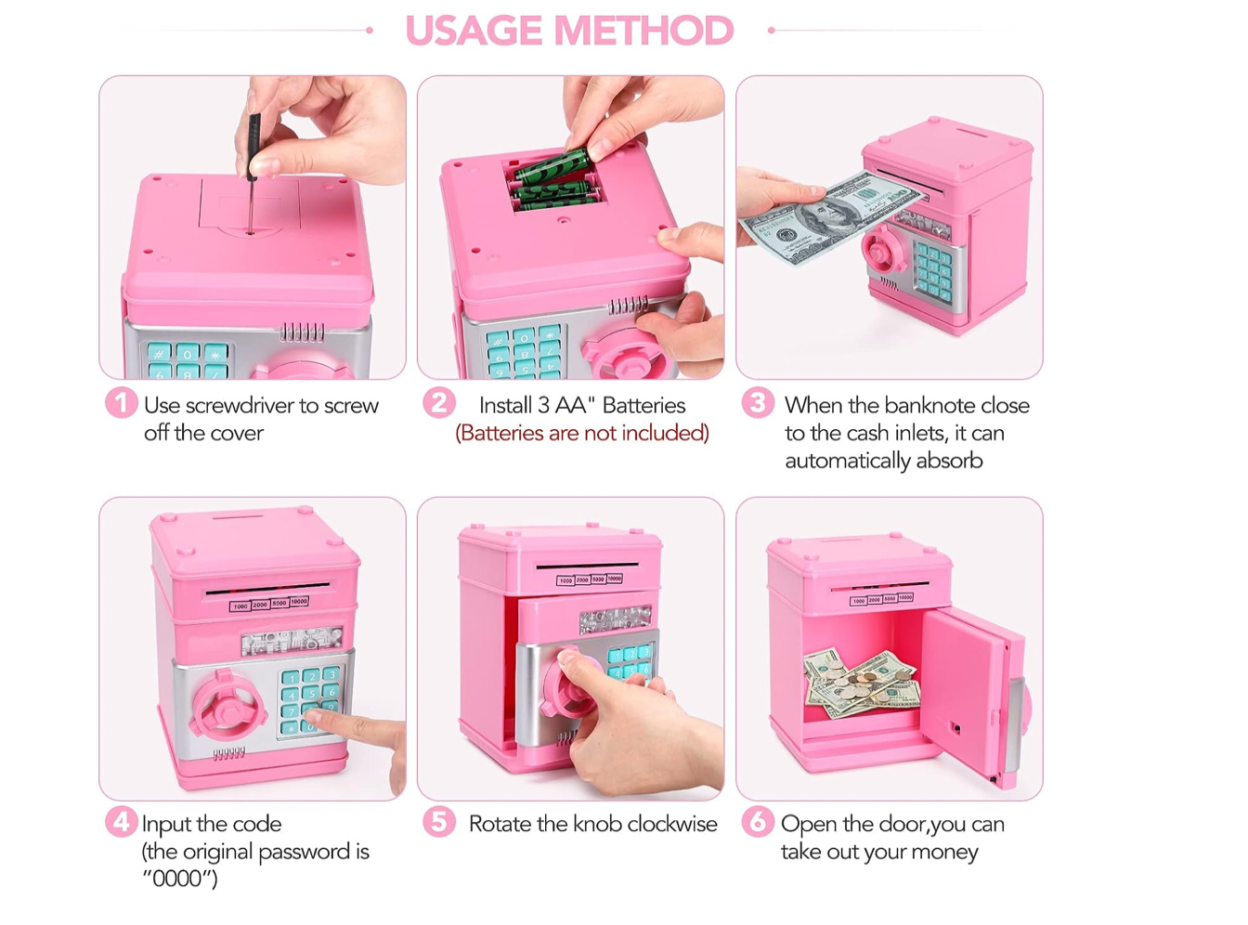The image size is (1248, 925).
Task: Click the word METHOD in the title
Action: (643, 30)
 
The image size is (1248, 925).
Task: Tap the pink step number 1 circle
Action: (121, 403)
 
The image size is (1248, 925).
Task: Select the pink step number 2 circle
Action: (439, 403)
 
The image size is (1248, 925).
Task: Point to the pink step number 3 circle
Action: (758, 403)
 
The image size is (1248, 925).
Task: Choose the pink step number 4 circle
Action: (121, 822)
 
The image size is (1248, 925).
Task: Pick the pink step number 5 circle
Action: (439, 822)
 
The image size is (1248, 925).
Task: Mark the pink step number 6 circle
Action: (758, 822)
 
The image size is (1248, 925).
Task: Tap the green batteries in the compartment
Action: (555, 180)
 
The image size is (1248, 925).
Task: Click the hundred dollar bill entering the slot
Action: (832, 216)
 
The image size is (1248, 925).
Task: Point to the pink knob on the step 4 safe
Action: (228, 704)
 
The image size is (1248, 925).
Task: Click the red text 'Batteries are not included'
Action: (582, 433)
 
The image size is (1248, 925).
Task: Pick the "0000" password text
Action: (179, 879)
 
